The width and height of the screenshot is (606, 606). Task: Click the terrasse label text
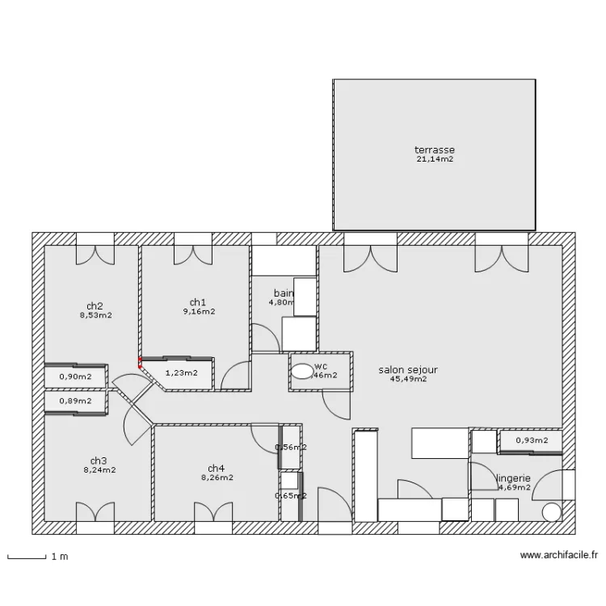435,150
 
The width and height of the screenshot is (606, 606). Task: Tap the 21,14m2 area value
435,160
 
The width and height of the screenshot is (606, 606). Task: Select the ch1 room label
199,302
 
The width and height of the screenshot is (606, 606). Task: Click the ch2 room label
95,306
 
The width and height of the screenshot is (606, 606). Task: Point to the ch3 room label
98,460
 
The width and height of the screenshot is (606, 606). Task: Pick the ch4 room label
216,468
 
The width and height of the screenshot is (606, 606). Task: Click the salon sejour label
408,370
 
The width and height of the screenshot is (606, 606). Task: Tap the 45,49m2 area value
408,379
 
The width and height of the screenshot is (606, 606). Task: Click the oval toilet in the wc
302,372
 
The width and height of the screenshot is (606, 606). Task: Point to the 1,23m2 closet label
181,373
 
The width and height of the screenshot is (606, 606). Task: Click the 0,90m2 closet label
75,377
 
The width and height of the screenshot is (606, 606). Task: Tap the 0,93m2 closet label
532,440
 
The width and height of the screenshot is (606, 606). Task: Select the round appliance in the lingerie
552,511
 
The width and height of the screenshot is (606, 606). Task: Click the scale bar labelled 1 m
26,557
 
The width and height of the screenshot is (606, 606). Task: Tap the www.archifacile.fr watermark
559,556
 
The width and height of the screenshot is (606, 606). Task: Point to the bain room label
283,292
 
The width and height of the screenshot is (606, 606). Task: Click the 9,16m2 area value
199,311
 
